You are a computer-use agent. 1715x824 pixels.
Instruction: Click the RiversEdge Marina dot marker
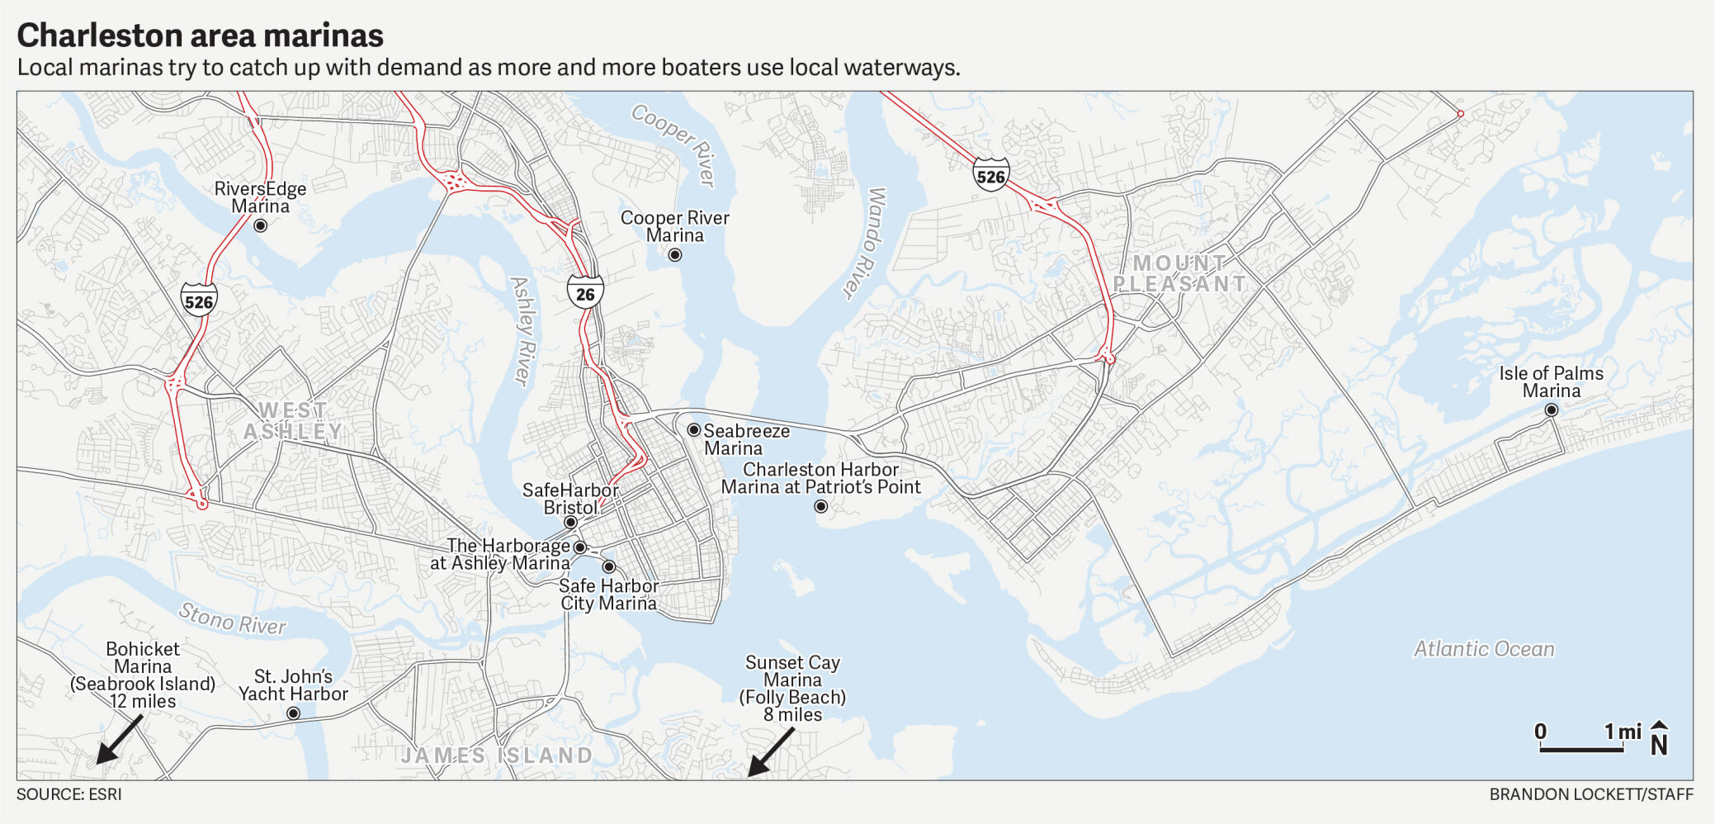tap(260, 225)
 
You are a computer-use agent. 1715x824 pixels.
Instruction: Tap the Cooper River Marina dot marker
tap(674, 254)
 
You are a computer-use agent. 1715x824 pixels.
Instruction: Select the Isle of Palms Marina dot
tap(1551, 410)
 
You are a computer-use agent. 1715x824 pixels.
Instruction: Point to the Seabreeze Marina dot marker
tap(693, 429)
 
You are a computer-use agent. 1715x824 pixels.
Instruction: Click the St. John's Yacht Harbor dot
tap(293, 713)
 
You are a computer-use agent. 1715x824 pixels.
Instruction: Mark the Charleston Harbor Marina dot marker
tap(820, 506)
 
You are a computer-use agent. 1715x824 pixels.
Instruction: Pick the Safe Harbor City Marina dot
tap(608, 566)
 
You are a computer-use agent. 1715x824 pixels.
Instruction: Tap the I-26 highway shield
tap(585, 293)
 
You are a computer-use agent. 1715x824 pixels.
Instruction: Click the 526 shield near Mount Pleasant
tap(990, 176)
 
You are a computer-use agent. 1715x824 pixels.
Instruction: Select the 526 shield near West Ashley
tap(199, 301)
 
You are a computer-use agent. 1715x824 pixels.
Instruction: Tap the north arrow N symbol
tap(1659, 738)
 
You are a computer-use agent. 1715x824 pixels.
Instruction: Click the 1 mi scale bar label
tap(1622, 732)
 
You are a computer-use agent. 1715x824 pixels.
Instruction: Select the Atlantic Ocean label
tap(1484, 649)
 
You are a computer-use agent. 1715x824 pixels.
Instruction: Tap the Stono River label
tap(233, 618)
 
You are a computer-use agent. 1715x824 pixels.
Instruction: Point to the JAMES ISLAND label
tap(497, 755)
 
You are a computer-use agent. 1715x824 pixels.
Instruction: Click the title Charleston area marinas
tap(201, 36)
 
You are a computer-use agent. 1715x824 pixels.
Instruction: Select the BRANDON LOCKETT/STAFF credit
tap(1590, 794)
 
